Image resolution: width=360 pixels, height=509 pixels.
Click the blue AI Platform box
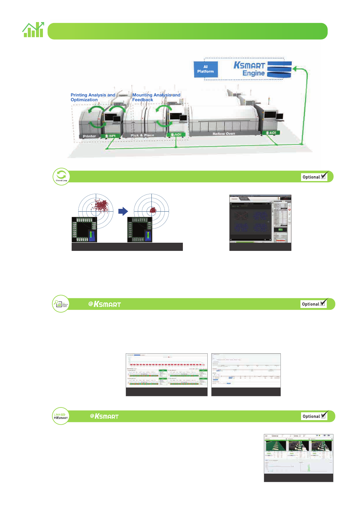(x=206, y=69)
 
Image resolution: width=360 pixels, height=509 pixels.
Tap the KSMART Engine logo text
(x=249, y=69)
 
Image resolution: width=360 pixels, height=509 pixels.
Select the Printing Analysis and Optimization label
(x=93, y=97)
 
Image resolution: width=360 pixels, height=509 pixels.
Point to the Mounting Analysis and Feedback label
(x=156, y=97)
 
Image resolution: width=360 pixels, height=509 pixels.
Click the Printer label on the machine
(x=89, y=136)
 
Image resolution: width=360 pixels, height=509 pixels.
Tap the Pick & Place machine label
(x=142, y=135)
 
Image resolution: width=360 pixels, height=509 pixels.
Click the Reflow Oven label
(x=224, y=134)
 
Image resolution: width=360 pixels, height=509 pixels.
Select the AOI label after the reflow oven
(x=271, y=133)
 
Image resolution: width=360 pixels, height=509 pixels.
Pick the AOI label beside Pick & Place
(x=176, y=135)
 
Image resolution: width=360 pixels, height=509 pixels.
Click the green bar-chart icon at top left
(x=33, y=30)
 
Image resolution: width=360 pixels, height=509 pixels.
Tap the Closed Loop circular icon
(x=61, y=177)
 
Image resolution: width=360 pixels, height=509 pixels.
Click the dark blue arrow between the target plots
(x=123, y=211)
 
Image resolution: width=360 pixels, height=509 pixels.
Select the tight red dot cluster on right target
(x=153, y=210)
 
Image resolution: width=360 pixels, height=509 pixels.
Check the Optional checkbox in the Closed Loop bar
(x=323, y=177)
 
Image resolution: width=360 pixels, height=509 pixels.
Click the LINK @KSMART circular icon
(x=61, y=416)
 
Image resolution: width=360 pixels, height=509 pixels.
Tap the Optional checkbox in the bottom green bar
(x=323, y=416)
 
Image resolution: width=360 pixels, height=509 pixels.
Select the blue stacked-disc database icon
(x=279, y=70)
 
